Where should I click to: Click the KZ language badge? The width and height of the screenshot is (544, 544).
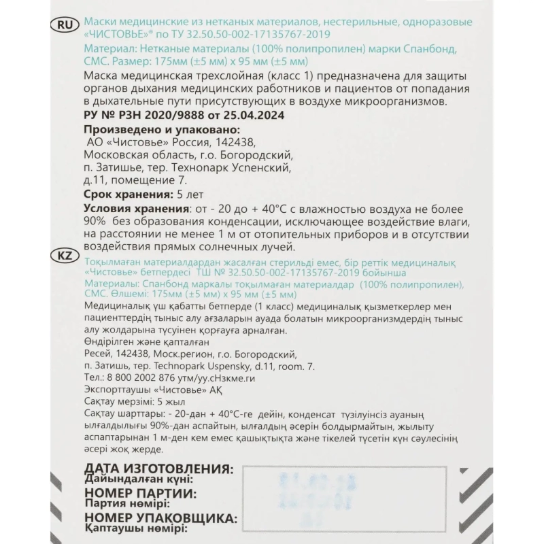click(x=63, y=256)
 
